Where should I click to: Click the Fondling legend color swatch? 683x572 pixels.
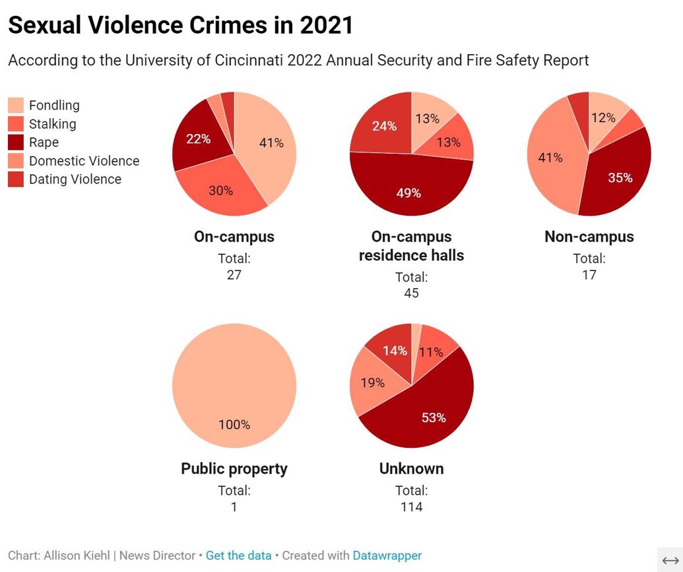click(16, 106)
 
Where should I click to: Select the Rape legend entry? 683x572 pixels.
click(44, 143)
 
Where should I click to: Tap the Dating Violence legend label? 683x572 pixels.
click(75, 179)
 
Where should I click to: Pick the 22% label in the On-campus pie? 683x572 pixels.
click(198, 139)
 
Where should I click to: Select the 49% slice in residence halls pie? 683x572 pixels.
click(409, 193)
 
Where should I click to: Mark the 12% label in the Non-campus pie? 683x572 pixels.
click(603, 117)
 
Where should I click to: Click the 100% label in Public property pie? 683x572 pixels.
click(234, 425)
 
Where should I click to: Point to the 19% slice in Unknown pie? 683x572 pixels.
click(372, 383)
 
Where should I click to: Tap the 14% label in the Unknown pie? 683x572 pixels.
click(395, 351)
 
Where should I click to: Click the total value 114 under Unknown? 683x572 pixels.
click(411, 507)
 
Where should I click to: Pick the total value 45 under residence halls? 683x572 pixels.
click(411, 293)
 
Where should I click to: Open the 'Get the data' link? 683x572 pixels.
click(238, 556)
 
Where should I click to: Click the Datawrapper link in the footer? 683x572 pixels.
click(387, 556)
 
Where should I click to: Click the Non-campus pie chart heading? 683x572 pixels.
click(589, 237)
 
